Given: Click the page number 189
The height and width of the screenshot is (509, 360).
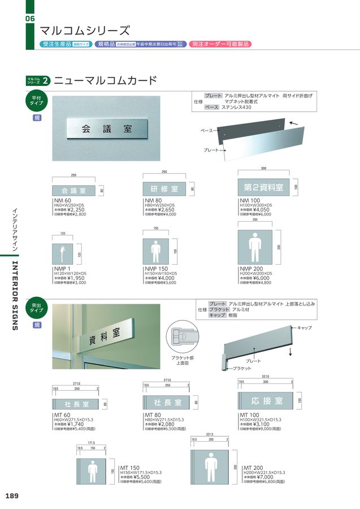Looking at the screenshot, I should pos(12,496).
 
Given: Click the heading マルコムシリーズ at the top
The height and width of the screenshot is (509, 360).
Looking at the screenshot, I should pos(85,30).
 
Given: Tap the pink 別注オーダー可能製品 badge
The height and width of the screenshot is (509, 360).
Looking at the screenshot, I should pos(220,44).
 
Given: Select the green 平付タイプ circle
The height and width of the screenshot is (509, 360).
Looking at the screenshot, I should pos(37,102).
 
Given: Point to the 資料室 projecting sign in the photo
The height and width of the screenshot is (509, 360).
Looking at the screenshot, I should pos(102,339).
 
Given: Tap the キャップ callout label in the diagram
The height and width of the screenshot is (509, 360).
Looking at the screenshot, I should pos(305,327).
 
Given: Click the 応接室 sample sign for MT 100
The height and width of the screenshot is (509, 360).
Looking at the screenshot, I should pos(266,401).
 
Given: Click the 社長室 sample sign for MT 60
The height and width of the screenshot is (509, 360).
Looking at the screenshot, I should pos(78,404).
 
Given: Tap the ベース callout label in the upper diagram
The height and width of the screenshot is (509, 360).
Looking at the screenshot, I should pos(207,131).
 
